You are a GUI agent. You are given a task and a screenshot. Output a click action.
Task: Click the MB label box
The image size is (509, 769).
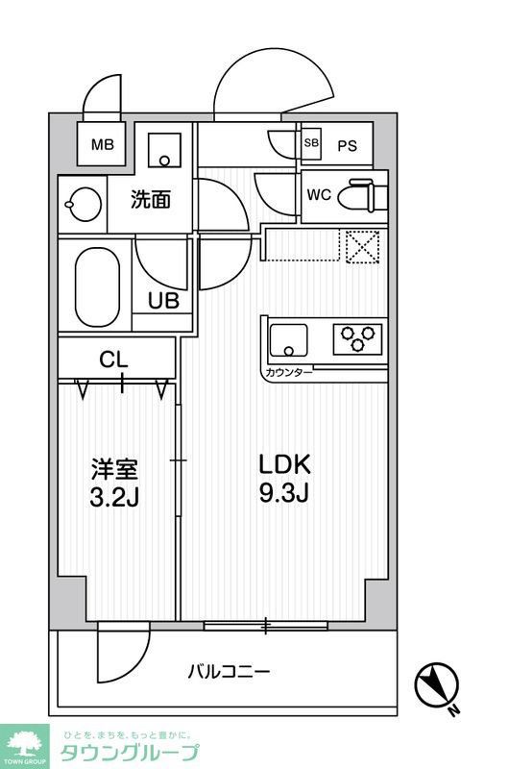101,146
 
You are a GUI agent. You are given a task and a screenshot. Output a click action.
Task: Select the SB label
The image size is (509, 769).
311,143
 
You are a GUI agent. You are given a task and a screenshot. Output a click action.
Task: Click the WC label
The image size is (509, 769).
319,194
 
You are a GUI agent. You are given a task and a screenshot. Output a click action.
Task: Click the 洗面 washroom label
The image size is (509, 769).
151,200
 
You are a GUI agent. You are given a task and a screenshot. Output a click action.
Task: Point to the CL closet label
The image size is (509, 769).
114,360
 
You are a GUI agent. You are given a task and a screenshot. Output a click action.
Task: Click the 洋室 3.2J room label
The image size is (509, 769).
115,484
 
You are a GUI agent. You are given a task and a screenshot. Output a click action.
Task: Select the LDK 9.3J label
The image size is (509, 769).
284,479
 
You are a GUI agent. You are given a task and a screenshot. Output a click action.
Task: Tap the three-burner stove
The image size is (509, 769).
358,338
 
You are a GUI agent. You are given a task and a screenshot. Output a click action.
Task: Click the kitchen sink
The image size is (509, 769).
287,339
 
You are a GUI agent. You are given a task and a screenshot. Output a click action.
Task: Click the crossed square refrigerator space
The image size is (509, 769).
363,246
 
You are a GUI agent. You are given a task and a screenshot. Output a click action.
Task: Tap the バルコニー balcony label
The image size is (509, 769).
229,670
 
